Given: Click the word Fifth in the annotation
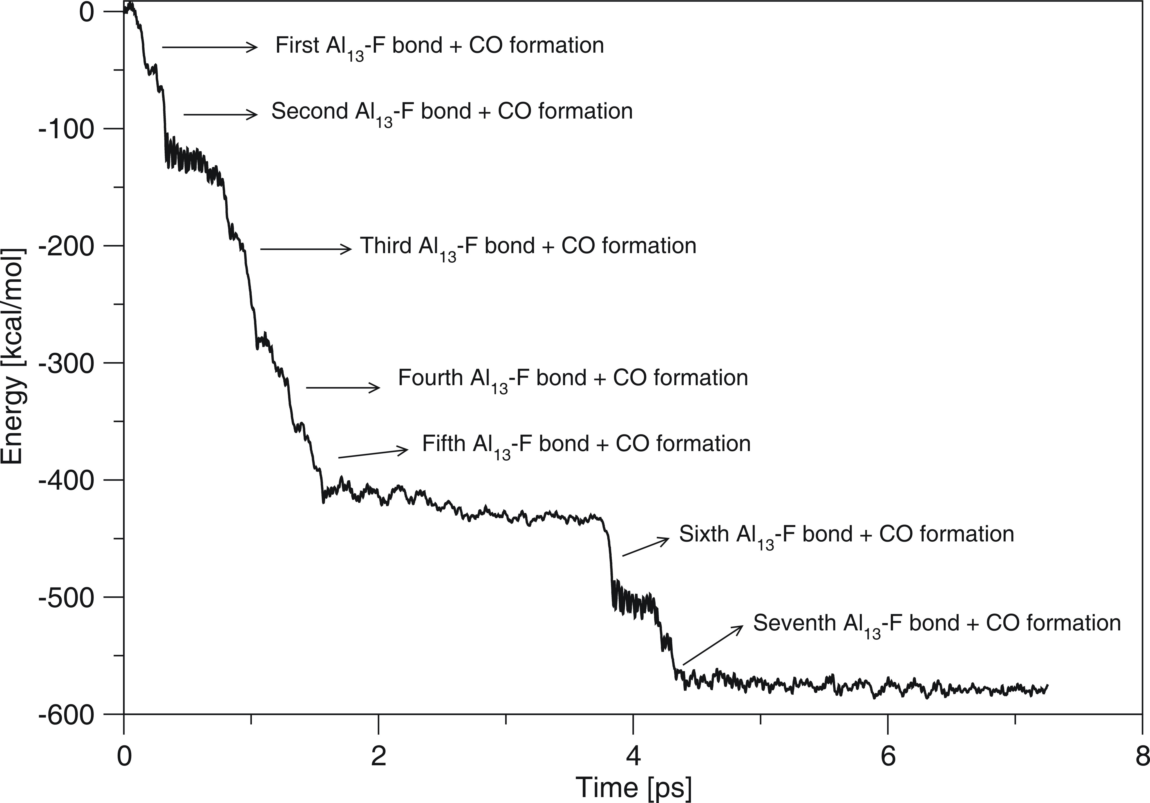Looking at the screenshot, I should pos(444,444).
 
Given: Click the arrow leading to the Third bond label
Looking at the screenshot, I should pos(306,248).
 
